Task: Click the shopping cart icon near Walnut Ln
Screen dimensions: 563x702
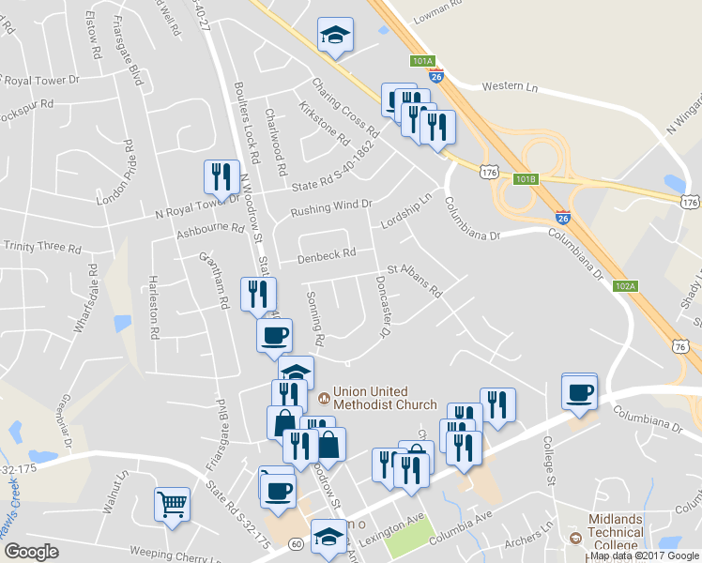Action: click(173, 504)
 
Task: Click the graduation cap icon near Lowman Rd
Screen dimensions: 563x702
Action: click(335, 35)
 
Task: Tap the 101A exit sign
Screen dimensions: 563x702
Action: click(422, 61)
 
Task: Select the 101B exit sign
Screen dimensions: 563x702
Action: click(526, 178)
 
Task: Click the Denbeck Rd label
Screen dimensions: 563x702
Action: click(327, 254)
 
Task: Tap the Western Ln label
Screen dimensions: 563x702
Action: click(510, 86)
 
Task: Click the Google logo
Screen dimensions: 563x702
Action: click(31, 551)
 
